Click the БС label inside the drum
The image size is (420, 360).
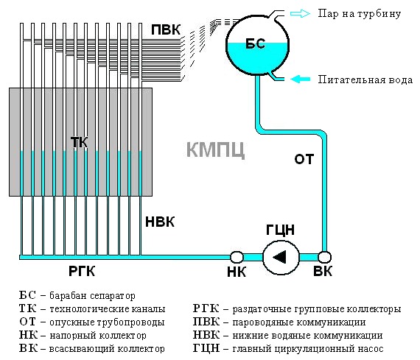256,43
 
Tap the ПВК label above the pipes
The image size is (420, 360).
166,29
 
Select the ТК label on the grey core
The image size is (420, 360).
79,142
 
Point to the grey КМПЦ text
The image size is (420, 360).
215,149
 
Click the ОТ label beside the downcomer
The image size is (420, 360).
304,159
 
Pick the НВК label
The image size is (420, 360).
160,222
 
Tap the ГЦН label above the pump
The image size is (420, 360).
280,230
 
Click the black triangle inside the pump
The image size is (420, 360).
279,257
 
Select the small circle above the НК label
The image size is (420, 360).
237,257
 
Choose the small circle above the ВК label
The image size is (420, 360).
324,257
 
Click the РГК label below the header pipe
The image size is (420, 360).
82,271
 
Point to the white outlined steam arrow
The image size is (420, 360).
301,13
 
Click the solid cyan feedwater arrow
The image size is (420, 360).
301,80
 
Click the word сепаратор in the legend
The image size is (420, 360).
113,296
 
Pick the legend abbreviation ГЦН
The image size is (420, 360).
206,348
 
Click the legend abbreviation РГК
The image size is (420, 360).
206,308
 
